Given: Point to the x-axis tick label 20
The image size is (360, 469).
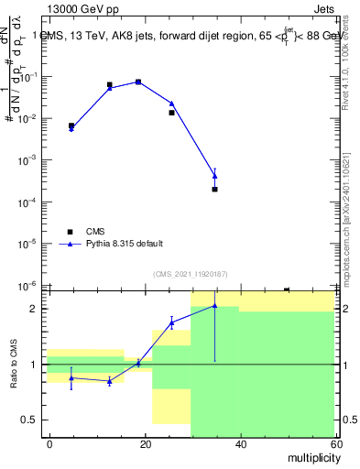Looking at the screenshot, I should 146,443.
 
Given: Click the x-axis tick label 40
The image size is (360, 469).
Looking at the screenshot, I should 240,443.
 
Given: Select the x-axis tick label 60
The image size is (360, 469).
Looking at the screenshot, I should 334,443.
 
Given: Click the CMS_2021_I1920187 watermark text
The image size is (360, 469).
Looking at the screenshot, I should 190,273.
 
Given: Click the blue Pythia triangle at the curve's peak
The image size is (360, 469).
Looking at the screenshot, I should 138,82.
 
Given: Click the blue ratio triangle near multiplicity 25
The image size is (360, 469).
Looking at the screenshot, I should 171,322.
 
